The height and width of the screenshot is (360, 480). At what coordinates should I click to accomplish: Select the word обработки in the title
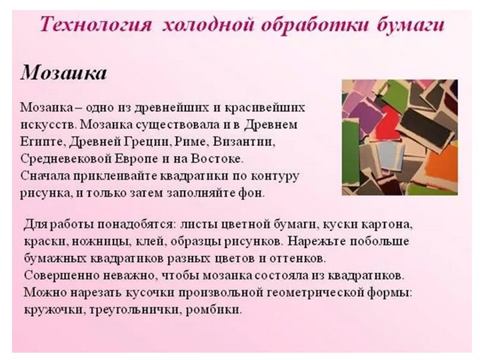tap(298, 26)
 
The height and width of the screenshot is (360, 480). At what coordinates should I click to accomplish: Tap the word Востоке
tap(220, 159)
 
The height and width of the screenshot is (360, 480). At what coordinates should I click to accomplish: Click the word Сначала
tap(45, 177)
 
